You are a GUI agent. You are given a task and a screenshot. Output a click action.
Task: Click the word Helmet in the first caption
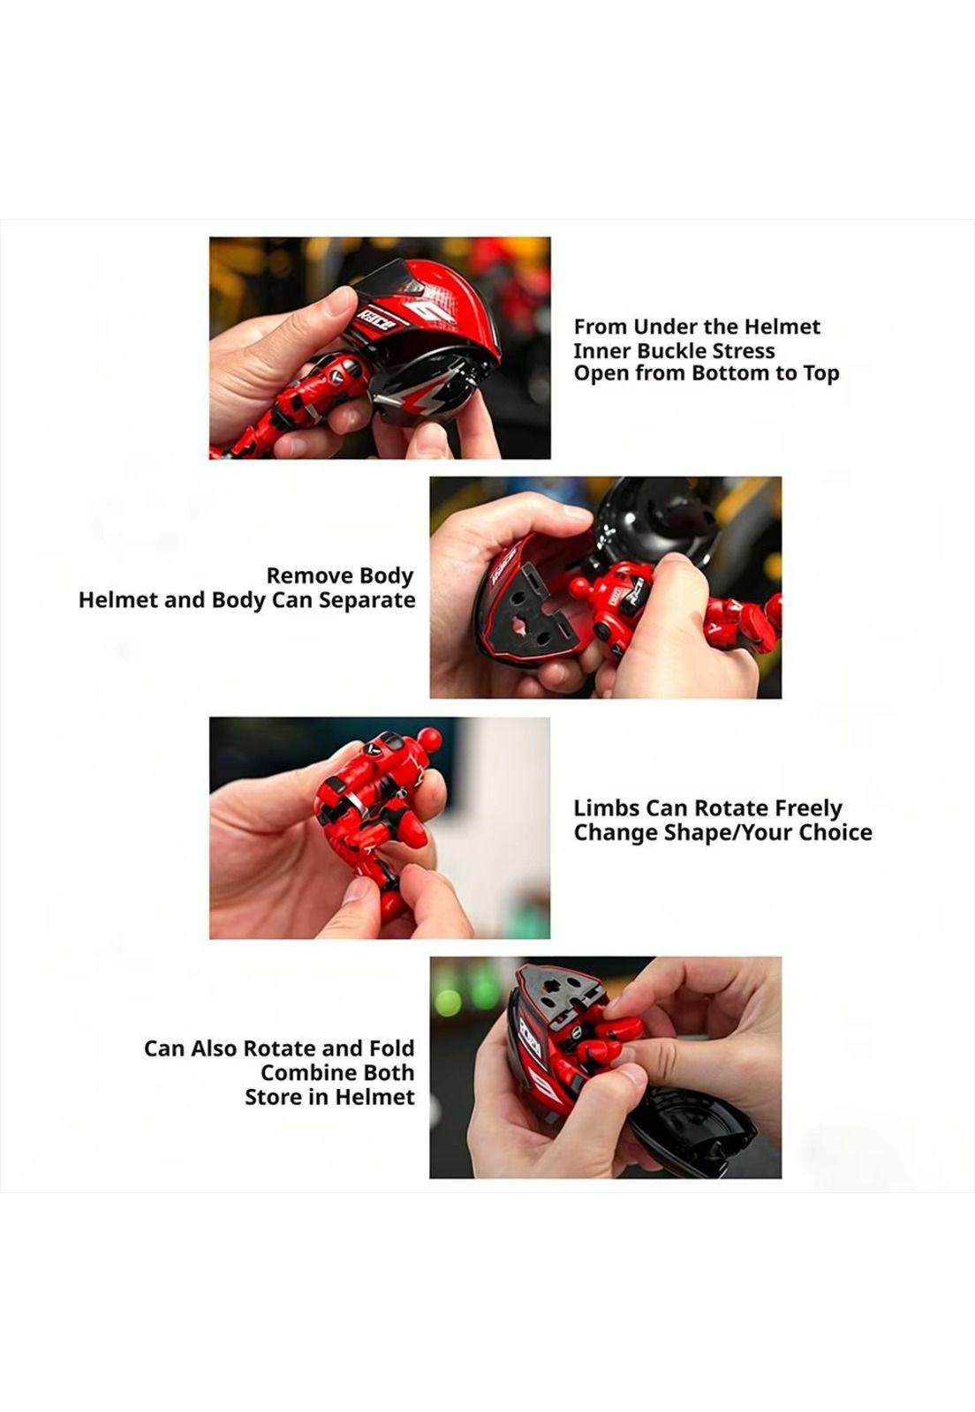[782, 327]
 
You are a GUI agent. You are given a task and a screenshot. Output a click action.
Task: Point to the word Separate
[367, 599]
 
